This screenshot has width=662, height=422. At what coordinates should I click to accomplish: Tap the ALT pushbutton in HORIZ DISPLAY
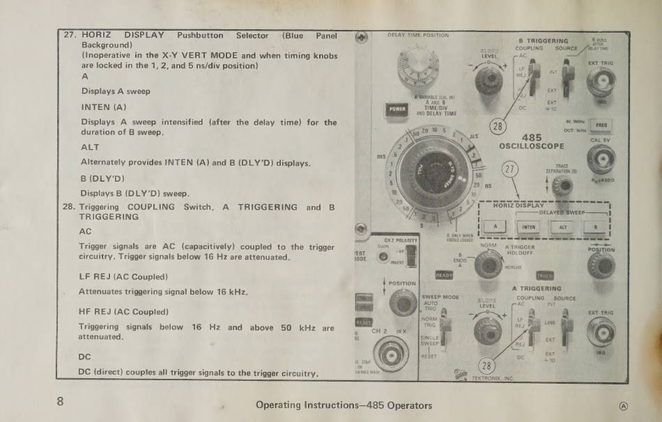(562, 226)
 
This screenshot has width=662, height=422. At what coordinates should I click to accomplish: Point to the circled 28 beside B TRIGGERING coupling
(498, 126)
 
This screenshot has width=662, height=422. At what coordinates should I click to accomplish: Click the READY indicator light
(444, 276)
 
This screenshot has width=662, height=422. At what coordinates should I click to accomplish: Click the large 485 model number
(531, 137)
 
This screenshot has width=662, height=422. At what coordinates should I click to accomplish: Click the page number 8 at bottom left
(61, 401)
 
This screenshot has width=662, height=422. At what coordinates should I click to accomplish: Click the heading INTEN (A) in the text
(104, 107)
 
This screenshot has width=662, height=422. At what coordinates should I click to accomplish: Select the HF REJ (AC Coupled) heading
(123, 311)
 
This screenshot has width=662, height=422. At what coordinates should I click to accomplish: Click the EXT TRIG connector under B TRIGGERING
(601, 83)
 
